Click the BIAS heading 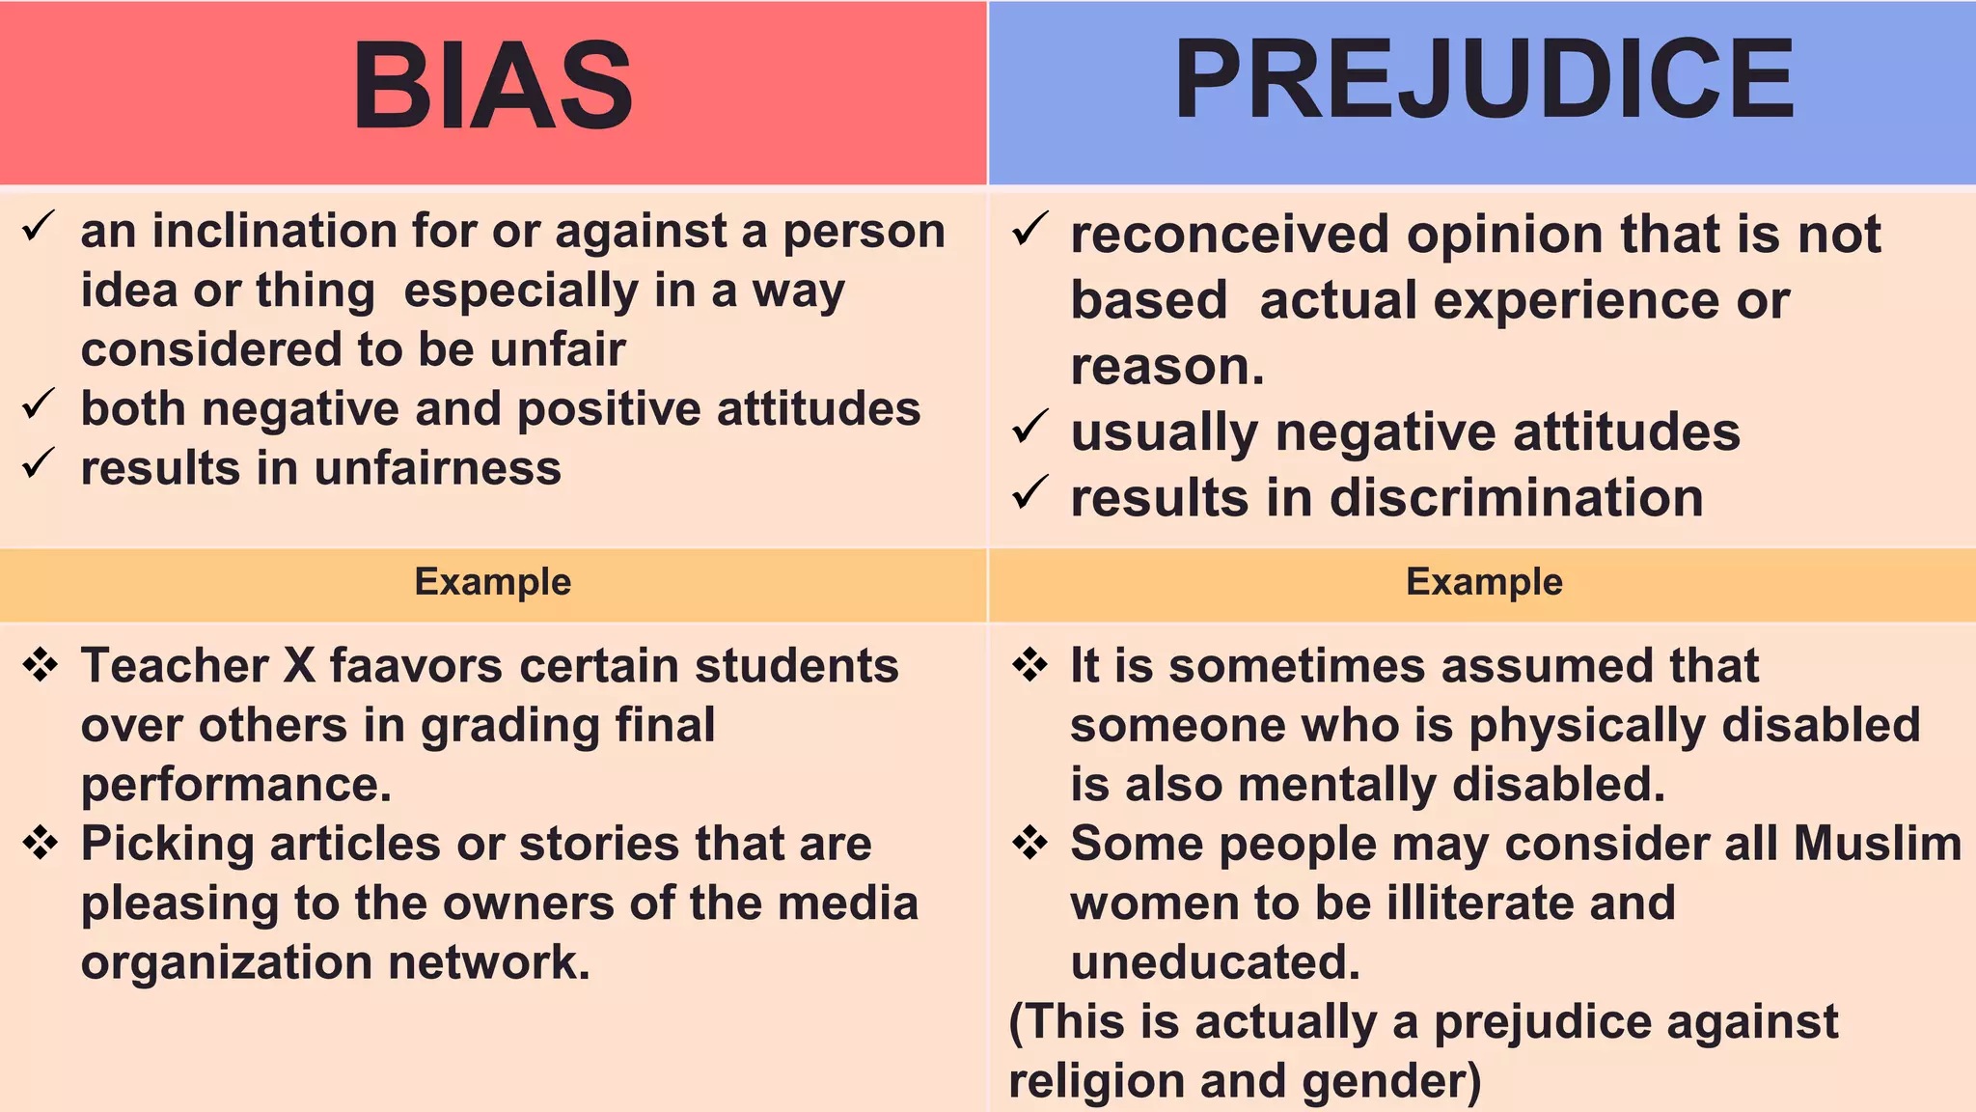pyautogui.click(x=493, y=87)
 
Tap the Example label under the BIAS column pyautogui.click(x=493, y=582)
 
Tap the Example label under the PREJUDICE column pyautogui.click(x=1484, y=582)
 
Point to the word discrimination pyautogui.click(x=1516, y=498)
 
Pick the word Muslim pyautogui.click(x=1878, y=844)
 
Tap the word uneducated pyautogui.click(x=1215, y=962)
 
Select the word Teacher pyautogui.click(x=175, y=666)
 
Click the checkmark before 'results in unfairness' pyautogui.click(x=39, y=464)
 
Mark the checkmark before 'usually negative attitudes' pyautogui.click(x=1029, y=427)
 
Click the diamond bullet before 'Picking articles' pyautogui.click(x=41, y=843)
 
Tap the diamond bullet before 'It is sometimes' pyautogui.click(x=1030, y=665)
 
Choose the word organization pyautogui.click(x=226, y=963)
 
